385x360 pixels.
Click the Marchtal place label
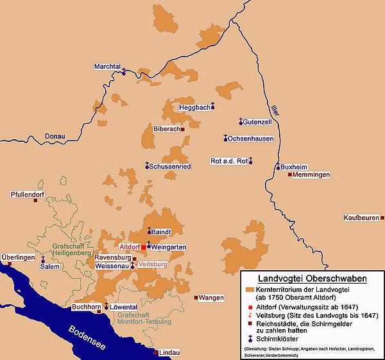(106, 66)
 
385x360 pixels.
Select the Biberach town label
(166, 129)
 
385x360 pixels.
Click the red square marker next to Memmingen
(289, 175)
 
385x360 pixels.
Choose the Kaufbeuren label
(361, 218)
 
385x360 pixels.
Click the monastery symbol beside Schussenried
(147, 166)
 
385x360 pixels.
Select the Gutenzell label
(260, 121)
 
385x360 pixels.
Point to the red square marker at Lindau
(155, 352)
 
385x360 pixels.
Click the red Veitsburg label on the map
(153, 264)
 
